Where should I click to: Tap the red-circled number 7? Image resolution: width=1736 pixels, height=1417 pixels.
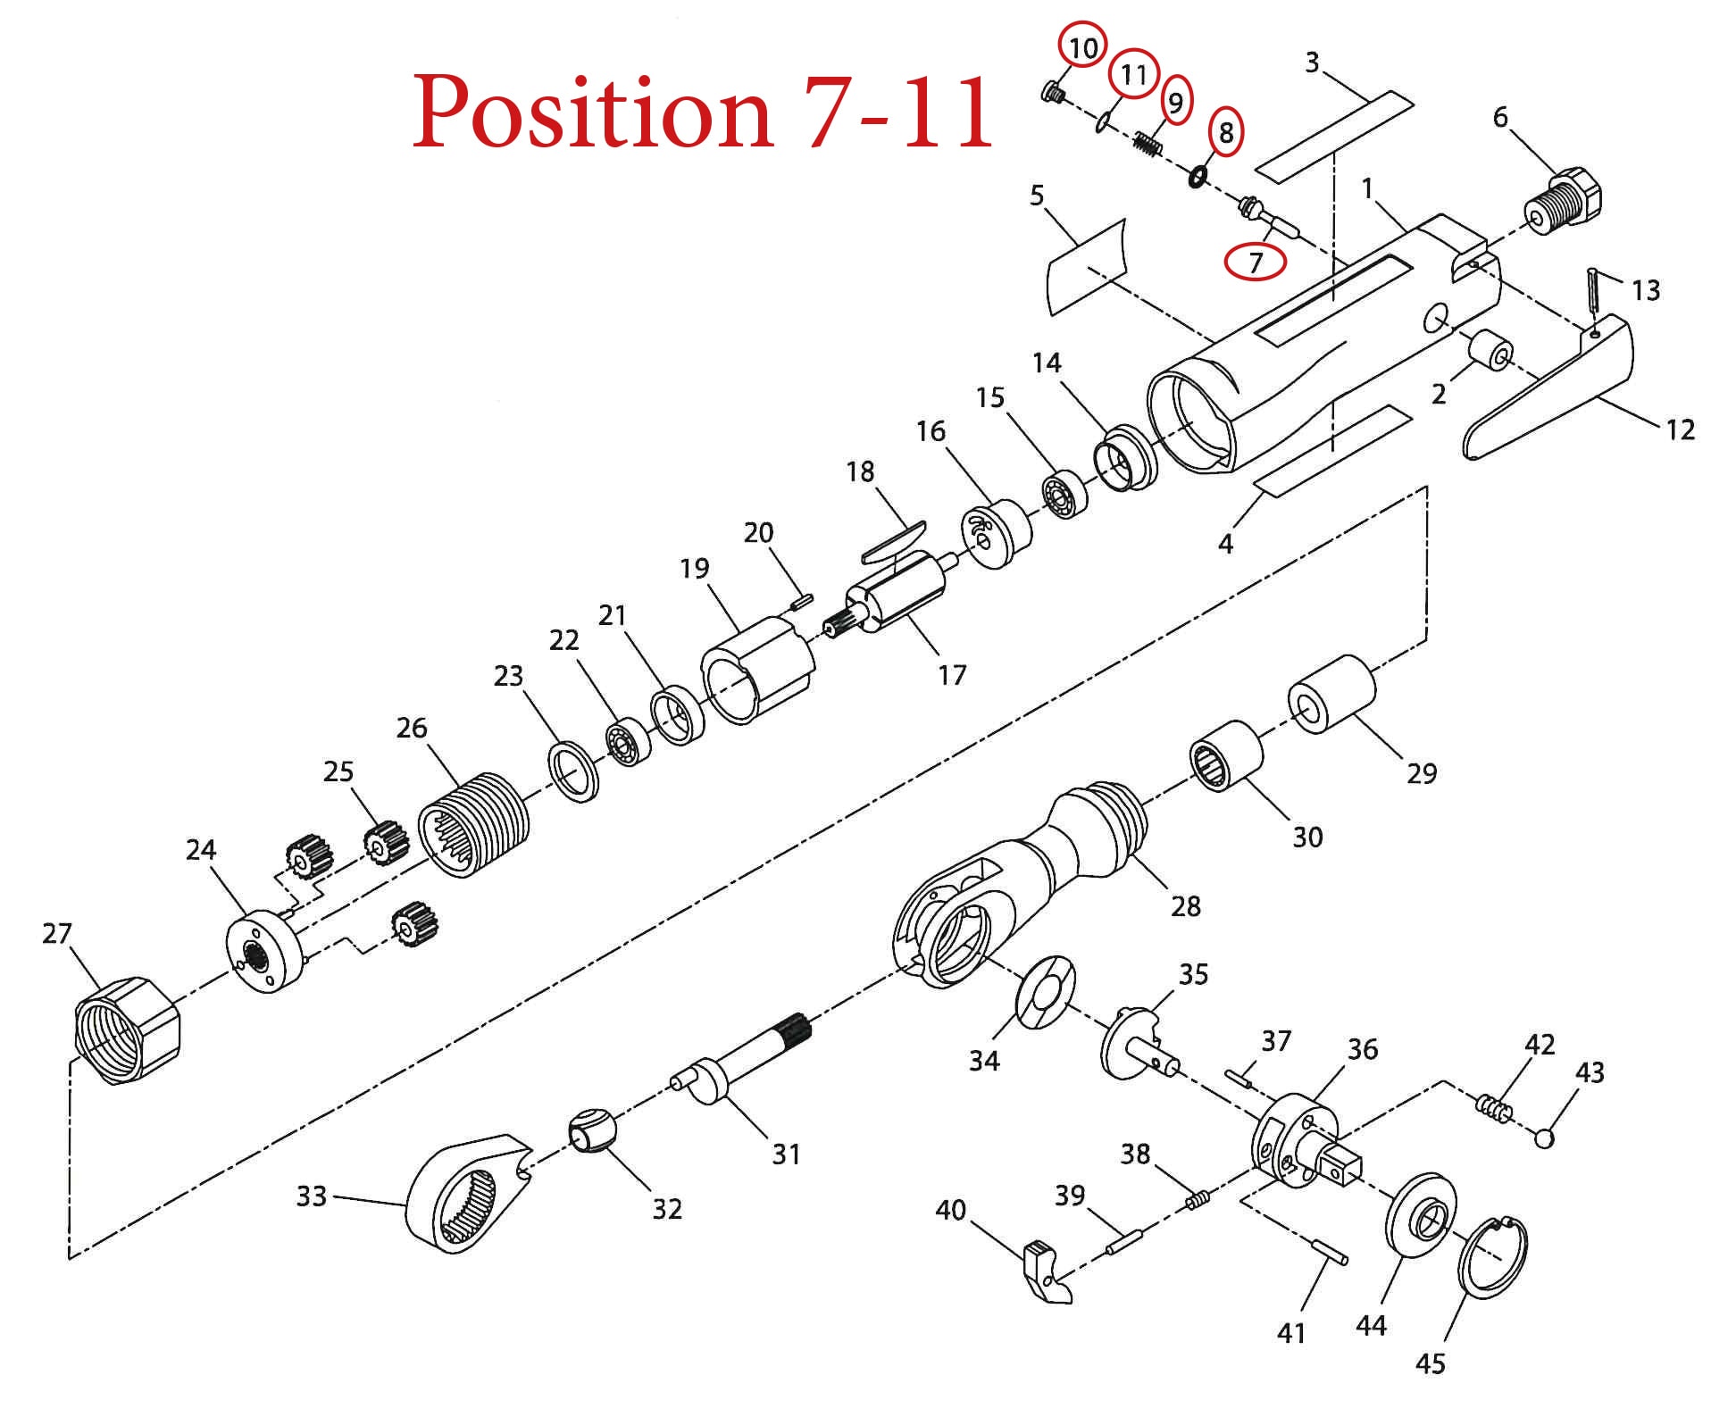pyautogui.click(x=1256, y=261)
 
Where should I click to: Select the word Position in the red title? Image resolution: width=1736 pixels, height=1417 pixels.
pyautogui.click(x=592, y=111)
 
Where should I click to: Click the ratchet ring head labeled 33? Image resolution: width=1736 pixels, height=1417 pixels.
pyautogui.click(x=466, y=1192)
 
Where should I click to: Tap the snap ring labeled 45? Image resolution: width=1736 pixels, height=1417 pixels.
pyautogui.click(x=1492, y=1255)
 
